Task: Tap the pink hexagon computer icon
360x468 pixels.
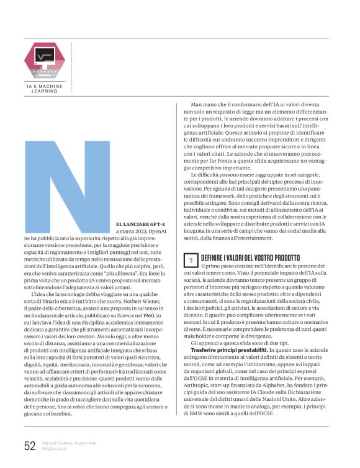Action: pyautogui.click(x=44, y=58)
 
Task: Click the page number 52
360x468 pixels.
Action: pyautogui.click(x=30, y=446)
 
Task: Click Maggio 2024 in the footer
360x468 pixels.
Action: pyautogui.click(x=55, y=449)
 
